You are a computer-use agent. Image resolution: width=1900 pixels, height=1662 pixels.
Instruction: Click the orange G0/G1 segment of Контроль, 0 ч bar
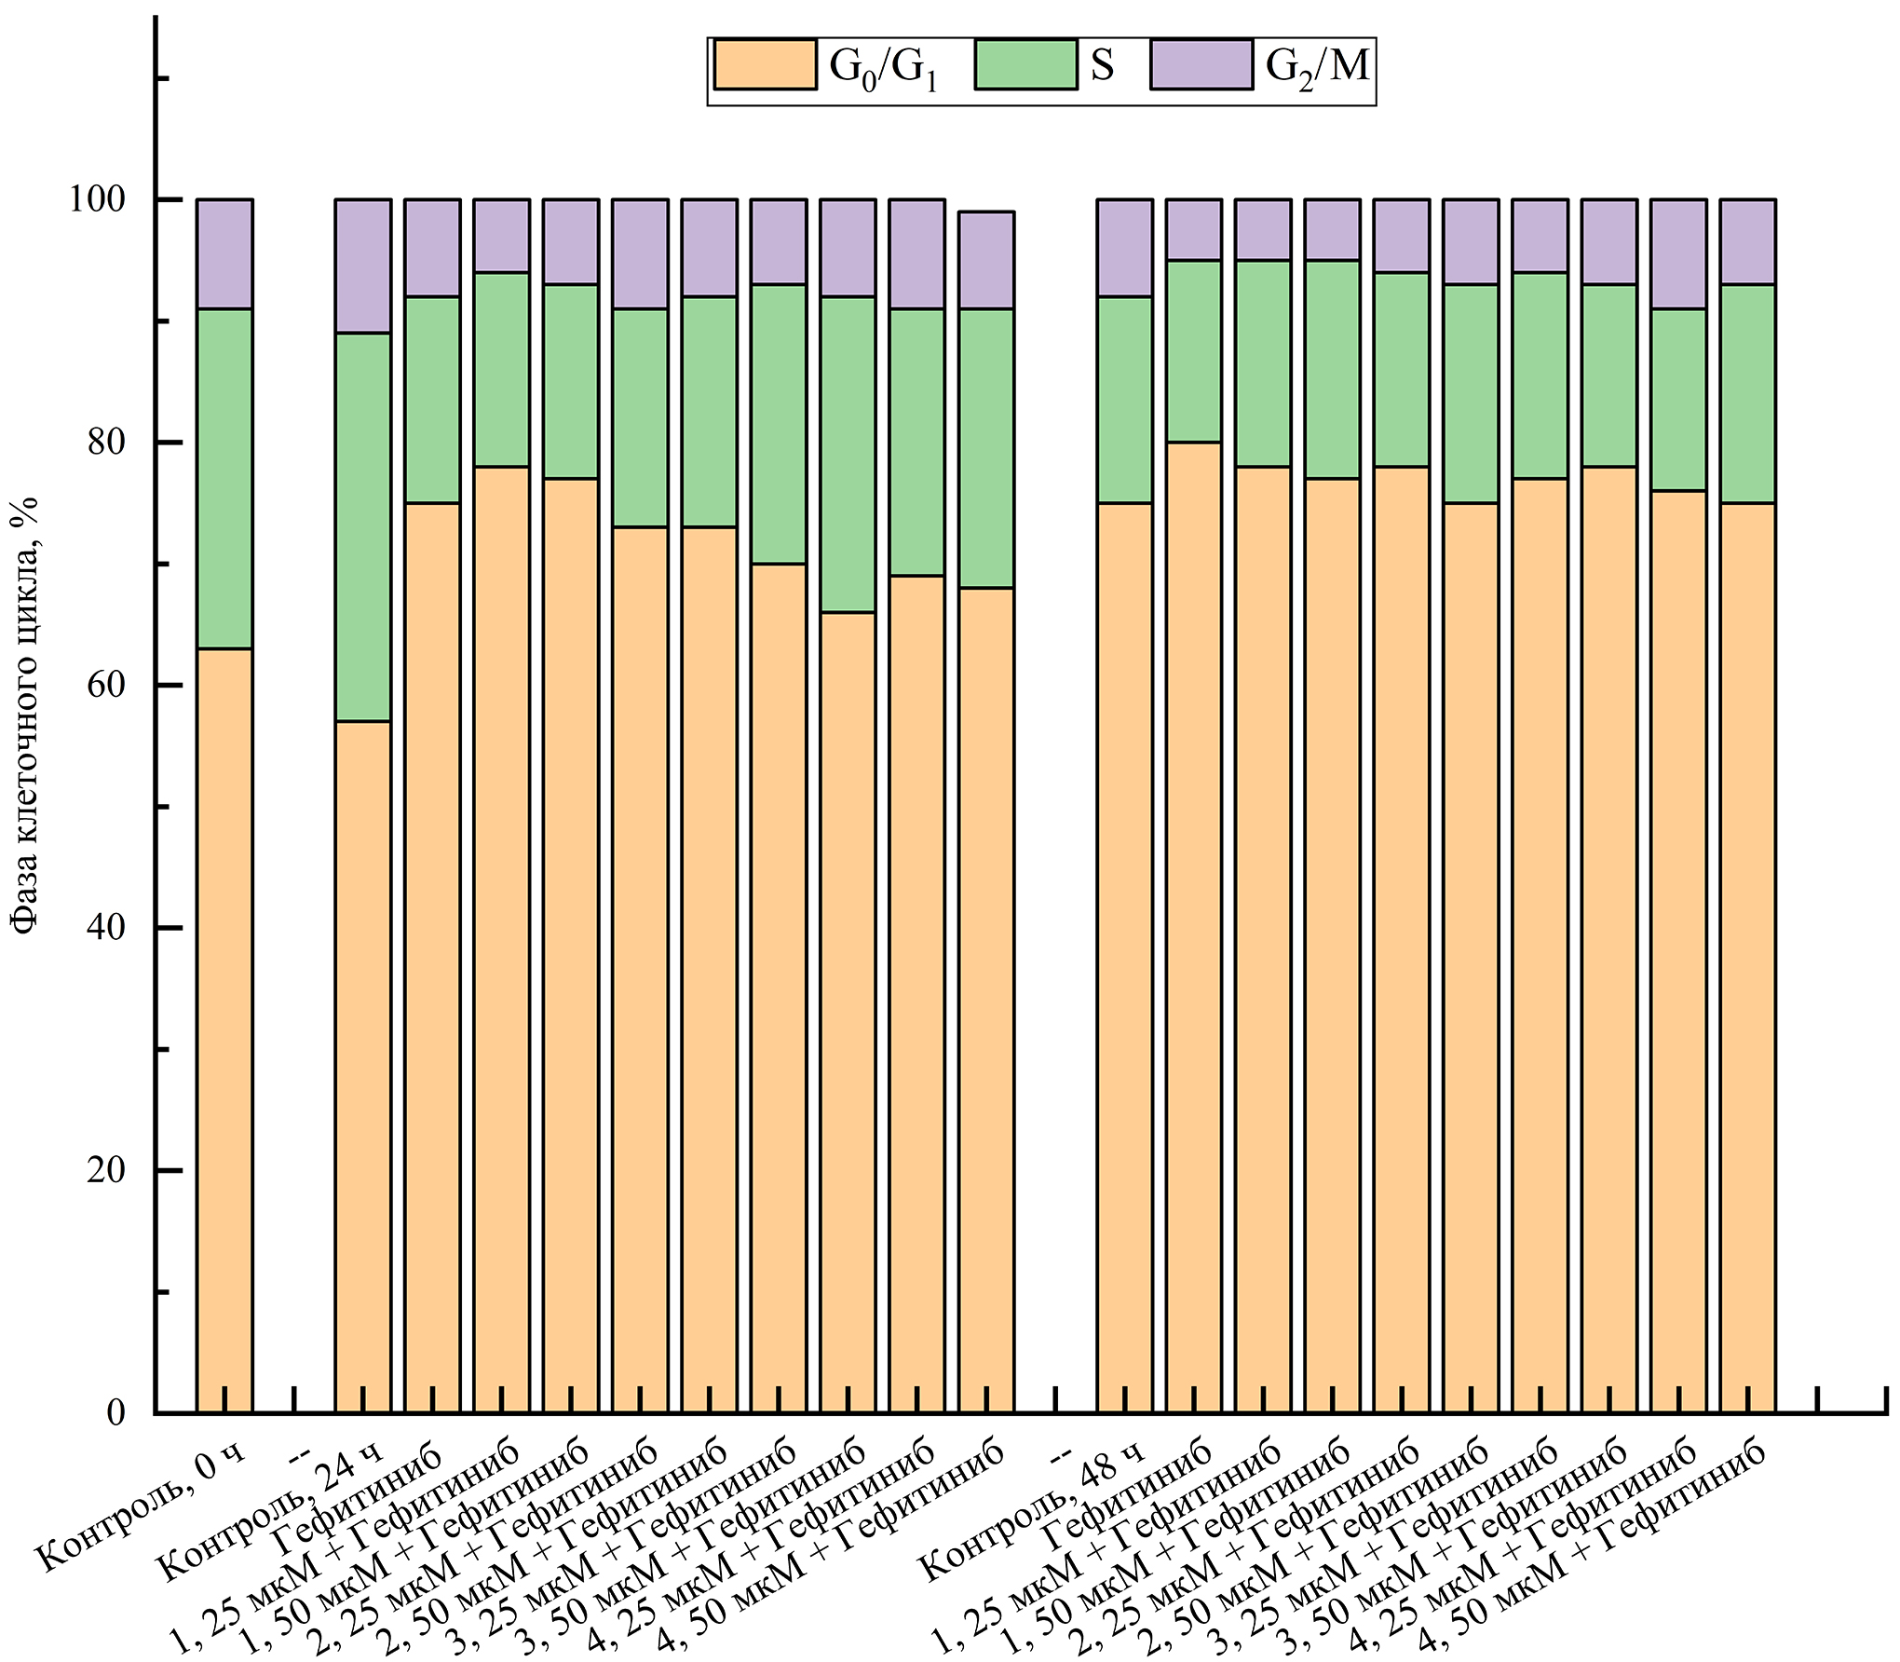(x=224, y=1025)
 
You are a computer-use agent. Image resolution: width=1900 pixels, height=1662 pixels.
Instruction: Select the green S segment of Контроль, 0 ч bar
(x=224, y=478)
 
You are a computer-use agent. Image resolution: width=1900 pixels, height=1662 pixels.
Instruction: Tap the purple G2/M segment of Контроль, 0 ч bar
(x=224, y=253)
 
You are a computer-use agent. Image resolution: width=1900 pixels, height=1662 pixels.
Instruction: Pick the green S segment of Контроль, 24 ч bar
(x=362, y=526)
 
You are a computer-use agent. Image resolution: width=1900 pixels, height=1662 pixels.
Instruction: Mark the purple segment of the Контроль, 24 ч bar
(x=362, y=266)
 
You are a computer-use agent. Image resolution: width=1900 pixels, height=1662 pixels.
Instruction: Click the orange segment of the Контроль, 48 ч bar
(x=1124, y=960)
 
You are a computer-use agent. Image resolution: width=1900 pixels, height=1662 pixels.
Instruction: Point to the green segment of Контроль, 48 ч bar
(x=1124, y=400)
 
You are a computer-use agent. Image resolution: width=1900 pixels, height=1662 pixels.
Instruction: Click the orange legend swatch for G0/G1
(x=766, y=64)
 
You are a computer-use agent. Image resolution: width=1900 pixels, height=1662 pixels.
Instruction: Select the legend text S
(x=1102, y=65)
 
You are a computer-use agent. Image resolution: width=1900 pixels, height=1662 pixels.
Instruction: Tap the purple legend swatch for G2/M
(x=1201, y=64)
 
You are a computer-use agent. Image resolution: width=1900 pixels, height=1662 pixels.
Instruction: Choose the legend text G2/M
(x=1317, y=67)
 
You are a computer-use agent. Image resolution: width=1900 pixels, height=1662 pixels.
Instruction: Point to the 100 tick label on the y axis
(x=98, y=199)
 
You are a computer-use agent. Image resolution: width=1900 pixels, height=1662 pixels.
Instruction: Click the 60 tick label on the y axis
(x=106, y=685)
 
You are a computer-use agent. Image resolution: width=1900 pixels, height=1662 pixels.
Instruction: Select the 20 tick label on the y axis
(x=106, y=1170)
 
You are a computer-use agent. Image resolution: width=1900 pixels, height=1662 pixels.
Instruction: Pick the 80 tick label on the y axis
(x=106, y=442)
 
